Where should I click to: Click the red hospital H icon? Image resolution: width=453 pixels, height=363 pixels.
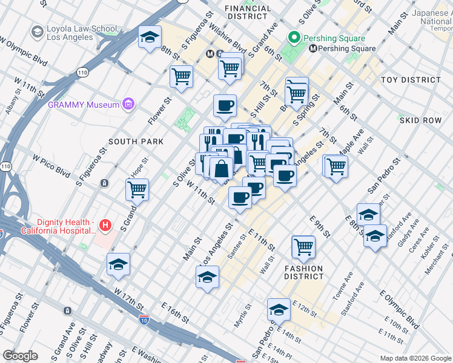tap(106, 225)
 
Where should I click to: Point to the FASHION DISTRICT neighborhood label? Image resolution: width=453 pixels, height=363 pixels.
tap(306, 272)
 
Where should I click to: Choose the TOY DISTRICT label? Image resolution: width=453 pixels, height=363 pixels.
tap(411, 80)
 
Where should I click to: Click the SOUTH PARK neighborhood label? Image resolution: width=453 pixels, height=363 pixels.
tap(136, 142)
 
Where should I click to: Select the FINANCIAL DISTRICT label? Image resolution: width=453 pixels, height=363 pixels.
tap(248, 12)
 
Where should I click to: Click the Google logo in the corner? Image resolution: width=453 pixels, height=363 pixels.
tap(21, 355)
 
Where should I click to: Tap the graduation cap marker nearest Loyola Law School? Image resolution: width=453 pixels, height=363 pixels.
tap(149, 38)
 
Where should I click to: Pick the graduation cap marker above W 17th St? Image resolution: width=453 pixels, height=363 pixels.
tap(118, 264)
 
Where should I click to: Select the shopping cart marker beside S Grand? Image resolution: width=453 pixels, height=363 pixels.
tap(137, 189)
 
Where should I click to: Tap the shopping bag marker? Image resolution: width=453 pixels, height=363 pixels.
tap(222, 168)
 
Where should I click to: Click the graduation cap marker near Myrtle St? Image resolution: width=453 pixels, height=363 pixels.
tap(278, 309)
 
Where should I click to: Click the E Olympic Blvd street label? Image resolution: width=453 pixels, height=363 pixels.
tap(398, 310)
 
